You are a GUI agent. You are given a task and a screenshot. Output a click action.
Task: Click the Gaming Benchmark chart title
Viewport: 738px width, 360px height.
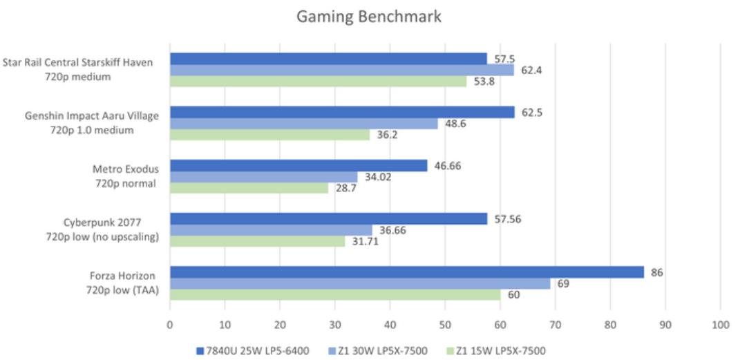point(368,17)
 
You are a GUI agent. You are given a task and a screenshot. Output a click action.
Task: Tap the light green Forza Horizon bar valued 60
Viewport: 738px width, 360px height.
point(335,294)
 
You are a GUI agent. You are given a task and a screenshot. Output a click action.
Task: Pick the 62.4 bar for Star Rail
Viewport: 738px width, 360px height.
point(341,70)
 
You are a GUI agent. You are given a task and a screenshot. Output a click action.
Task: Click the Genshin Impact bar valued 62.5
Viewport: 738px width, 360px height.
point(342,113)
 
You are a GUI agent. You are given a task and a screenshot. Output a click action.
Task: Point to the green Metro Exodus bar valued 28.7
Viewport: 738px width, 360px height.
point(249,188)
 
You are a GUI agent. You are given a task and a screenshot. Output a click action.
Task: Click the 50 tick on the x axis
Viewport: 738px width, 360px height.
point(445,323)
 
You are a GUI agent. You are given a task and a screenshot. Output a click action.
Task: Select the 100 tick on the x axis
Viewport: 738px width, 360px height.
point(720,323)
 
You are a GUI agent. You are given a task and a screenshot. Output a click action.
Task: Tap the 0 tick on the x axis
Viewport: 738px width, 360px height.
point(170,323)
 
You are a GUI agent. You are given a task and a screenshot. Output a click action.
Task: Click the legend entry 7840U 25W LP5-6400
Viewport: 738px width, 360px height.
point(249,351)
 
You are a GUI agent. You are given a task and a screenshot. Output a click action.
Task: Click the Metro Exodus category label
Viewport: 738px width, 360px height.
point(126,176)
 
